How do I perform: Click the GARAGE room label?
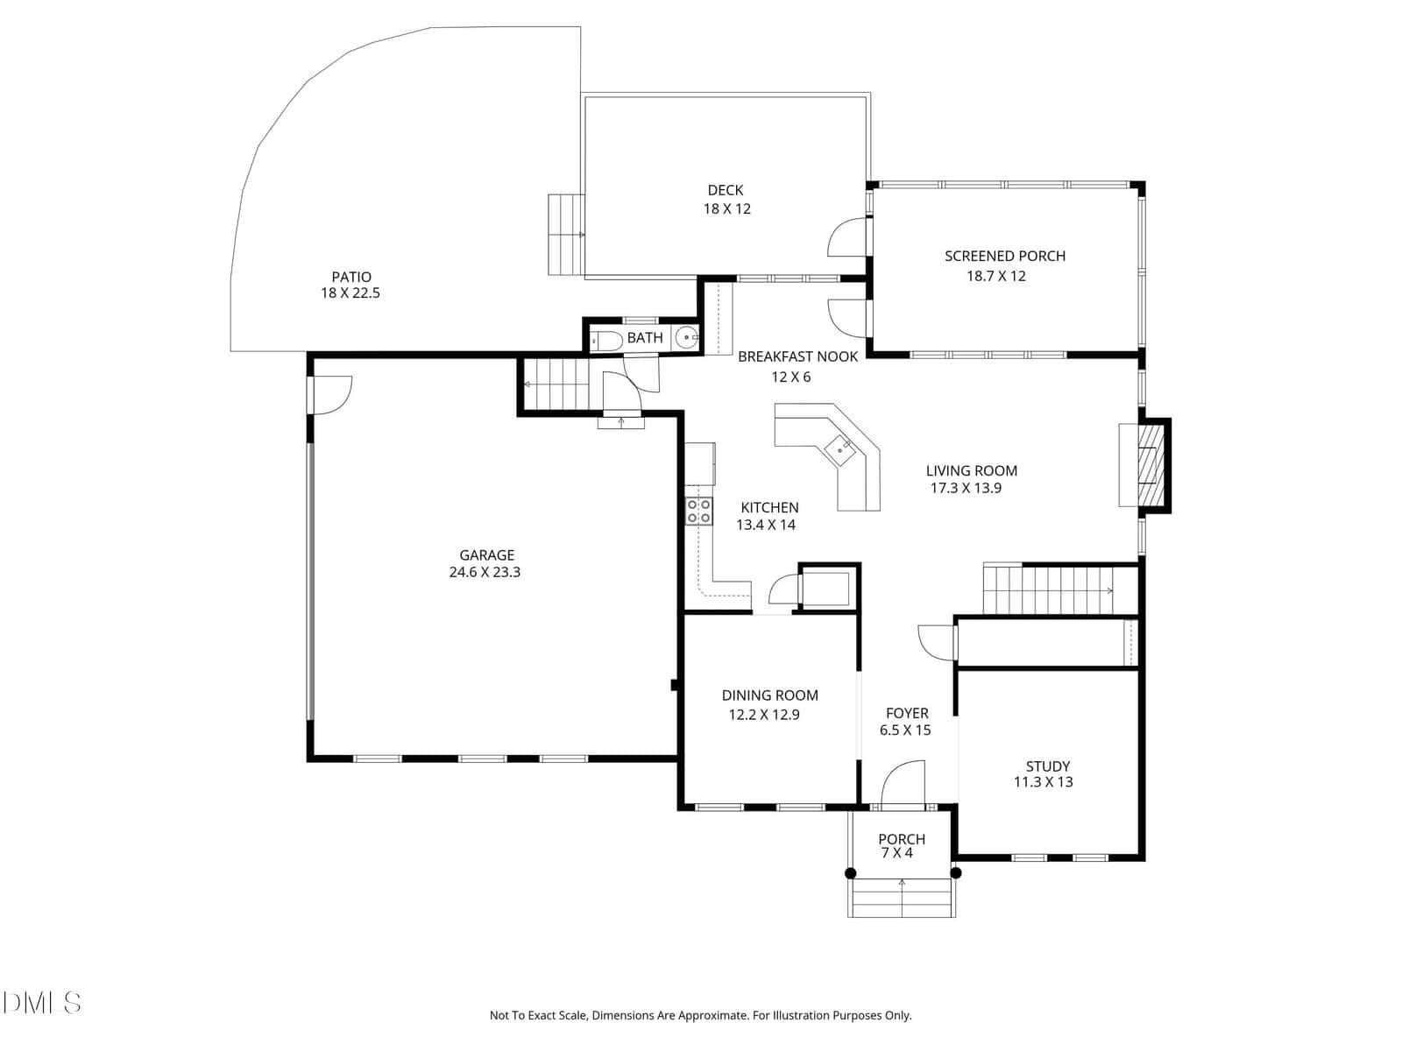486,554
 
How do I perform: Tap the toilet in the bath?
605,340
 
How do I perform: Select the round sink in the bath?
686,336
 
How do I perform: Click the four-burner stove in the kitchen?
698,511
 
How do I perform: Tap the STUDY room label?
1047,765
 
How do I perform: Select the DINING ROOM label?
769,695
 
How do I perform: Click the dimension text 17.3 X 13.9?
965,488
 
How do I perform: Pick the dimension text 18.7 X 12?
995,276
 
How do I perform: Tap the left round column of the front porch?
850,873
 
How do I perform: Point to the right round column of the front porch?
955,873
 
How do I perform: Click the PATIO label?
350,276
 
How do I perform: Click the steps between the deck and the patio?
567,235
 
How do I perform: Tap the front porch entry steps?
902,898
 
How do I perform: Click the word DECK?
725,190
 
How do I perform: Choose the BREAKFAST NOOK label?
797,356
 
